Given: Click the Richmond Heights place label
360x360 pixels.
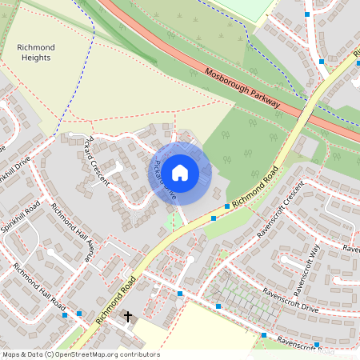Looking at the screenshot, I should point(34,52).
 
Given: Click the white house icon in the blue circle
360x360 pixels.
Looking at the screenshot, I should point(180,172).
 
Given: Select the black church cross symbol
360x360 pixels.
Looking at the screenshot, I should point(127,317).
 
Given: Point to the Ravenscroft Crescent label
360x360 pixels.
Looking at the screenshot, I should point(280,210).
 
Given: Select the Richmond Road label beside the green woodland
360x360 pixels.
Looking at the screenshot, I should point(255,186).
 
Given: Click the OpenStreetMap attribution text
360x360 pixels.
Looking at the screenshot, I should point(80,354).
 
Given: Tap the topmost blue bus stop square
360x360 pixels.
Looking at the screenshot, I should point(308,14).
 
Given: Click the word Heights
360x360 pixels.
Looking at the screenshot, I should point(34,58).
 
